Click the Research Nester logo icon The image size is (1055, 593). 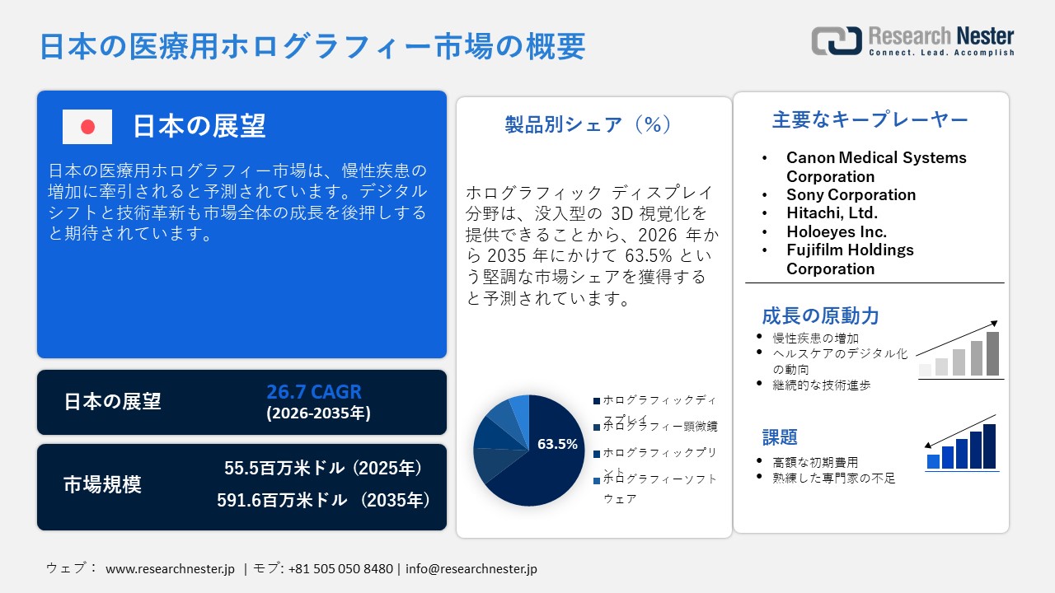pyautogui.click(x=836, y=40)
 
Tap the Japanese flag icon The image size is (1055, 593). pyautogui.click(x=87, y=127)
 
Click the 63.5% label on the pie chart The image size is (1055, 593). pyautogui.click(x=557, y=444)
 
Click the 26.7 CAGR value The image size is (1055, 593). pyautogui.click(x=314, y=392)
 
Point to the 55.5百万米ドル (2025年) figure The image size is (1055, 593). pyautogui.click(x=323, y=469)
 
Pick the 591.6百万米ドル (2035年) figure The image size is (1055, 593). pyautogui.click(x=323, y=500)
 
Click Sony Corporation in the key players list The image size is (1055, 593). pyautogui.click(x=851, y=194)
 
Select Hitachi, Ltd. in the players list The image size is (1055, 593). pyautogui.click(x=832, y=213)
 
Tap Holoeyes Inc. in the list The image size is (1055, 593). pyautogui.click(x=836, y=231)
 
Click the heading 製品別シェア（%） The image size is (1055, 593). pyautogui.click(x=588, y=124)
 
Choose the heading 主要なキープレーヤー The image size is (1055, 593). pyautogui.click(x=870, y=120)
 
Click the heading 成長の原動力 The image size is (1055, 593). pyautogui.click(x=819, y=316)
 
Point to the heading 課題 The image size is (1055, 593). pyautogui.click(x=779, y=437)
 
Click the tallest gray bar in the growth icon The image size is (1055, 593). pyautogui.click(x=992, y=354)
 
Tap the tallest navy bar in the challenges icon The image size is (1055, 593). pyautogui.click(x=989, y=446)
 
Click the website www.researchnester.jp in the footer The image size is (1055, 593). pyautogui.click(x=171, y=569)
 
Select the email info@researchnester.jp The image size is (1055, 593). pyautogui.click(x=471, y=569)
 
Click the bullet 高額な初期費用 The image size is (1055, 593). pyautogui.click(x=815, y=462)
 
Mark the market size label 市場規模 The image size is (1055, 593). pyautogui.click(x=102, y=485)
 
